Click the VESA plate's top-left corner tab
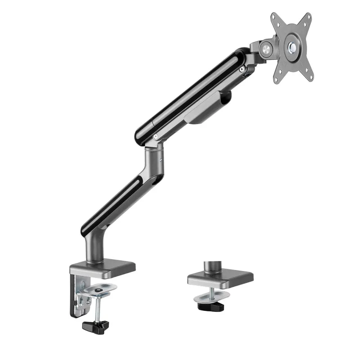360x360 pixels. [274, 18]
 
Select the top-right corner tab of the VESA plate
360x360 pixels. [308, 17]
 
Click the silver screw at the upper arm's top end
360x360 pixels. [243, 69]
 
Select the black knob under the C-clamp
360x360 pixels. [96, 324]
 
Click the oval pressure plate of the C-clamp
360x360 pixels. [100, 288]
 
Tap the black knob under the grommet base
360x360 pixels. [211, 306]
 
